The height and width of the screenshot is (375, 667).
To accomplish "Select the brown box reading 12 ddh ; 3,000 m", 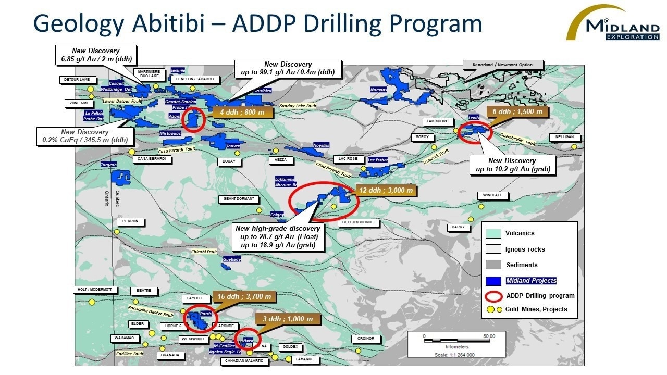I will [x=386, y=191].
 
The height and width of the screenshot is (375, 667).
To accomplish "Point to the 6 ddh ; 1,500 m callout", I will [x=517, y=112].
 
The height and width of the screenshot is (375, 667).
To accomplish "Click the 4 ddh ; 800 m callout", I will [x=242, y=112].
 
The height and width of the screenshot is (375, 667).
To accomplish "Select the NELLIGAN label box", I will [x=564, y=137].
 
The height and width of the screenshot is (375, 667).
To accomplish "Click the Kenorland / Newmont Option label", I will [x=503, y=65].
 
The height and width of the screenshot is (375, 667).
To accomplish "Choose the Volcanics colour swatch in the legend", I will [x=493, y=233].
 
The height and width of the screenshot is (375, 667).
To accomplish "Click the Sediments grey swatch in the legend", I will [x=493, y=265].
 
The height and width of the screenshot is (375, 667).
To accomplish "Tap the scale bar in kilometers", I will [x=457, y=340].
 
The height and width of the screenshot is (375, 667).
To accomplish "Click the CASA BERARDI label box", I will [x=153, y=159].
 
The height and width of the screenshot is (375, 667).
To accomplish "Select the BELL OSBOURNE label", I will [x=359, y=222].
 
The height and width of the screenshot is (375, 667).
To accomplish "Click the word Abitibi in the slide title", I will [x=170, y=23].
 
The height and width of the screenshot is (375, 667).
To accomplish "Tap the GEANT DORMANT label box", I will [x=239, y=198].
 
